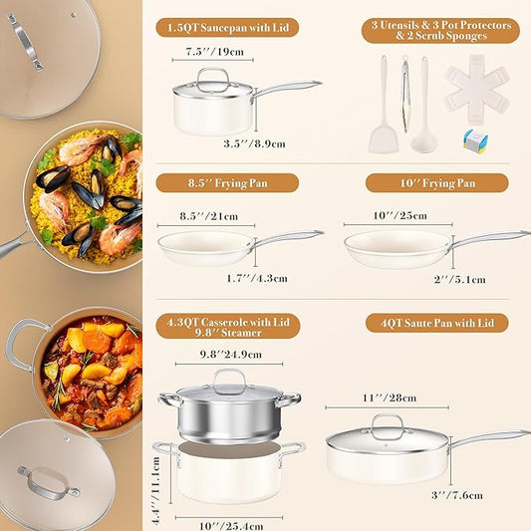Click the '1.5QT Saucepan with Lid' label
pyautogui.click(x=228, y=28)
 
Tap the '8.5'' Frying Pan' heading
pyautogui.click(x=228, y=182)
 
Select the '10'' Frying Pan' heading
pyautogui.click(x=438, y=182)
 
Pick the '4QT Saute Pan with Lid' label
pyautogui.click(x=437, y=323)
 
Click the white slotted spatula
pyautogui.click(x=383, y=110)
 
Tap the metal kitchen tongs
pyautogui.click(x=404, y=95)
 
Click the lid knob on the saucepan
pyautogui.click(x=213, y=76)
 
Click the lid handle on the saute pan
pyautogui.click(x=387, y=423)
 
